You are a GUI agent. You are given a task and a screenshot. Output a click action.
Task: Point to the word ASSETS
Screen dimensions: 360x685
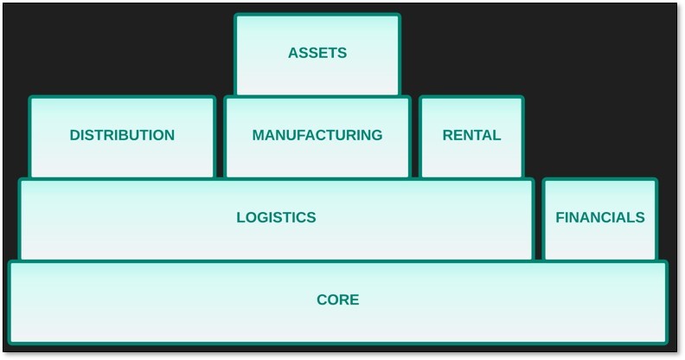coord(317,53)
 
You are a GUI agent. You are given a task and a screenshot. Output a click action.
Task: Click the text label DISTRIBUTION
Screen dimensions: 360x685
coord(122,135)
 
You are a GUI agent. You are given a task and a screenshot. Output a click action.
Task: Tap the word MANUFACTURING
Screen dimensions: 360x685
coord(317,135)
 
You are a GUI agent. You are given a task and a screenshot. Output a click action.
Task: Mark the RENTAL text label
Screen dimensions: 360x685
coord(471,135)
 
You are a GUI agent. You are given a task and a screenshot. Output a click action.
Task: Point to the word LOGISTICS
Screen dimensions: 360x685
coord(276,217)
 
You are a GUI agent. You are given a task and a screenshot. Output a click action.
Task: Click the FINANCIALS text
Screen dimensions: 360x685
coord(599,217)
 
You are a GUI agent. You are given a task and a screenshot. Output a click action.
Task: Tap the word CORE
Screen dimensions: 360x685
coord(337,300)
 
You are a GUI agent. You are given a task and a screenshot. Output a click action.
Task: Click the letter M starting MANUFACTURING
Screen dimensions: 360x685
coord(259,135)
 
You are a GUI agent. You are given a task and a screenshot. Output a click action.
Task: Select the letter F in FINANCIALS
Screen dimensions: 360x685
coord(560,217)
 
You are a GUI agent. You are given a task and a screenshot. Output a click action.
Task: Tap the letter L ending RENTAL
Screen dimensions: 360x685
coord(496,135)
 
